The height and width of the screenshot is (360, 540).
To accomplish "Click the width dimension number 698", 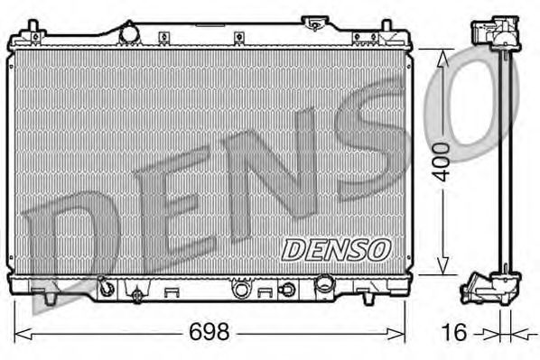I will point(209,331).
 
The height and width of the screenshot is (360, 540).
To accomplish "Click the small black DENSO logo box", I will point(335,248).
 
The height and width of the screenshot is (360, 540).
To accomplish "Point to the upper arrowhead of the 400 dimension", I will point(442,58).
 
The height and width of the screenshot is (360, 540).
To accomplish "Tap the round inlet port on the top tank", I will point(128,32).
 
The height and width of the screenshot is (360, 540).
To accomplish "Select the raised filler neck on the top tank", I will point(316,22).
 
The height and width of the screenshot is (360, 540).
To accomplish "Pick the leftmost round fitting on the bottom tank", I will point(107,289).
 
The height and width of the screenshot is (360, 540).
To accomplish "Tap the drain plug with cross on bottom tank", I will point(137,294).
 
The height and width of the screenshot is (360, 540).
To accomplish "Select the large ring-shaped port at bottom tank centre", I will point(241,290).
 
